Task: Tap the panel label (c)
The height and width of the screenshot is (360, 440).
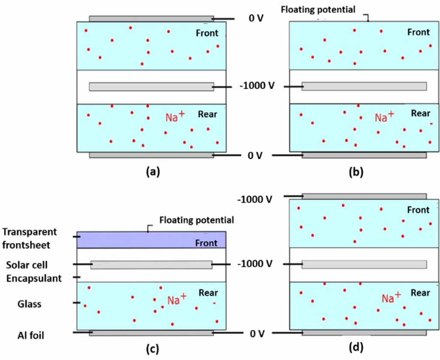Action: click(153, 349)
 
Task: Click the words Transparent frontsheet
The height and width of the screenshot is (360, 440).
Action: click(29, 238)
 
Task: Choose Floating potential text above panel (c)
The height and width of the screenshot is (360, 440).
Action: click(197, 220)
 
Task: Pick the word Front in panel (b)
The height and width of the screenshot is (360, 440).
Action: click(418, 32)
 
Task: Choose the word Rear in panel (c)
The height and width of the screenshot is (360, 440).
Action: click(208, 293)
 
